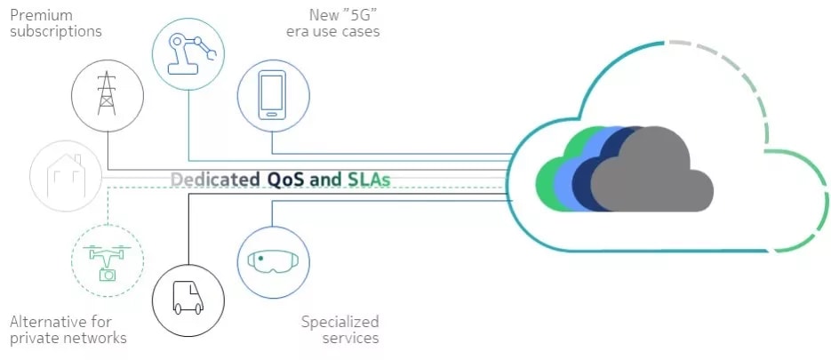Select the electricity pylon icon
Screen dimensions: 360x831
pos(107,93)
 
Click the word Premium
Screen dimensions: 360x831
pos(41,15)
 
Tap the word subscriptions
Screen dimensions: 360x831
pos(55,31)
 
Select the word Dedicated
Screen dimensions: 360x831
pos(216,180)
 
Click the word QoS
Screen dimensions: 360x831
pos(286,180)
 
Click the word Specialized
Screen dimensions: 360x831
pos(340,321)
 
